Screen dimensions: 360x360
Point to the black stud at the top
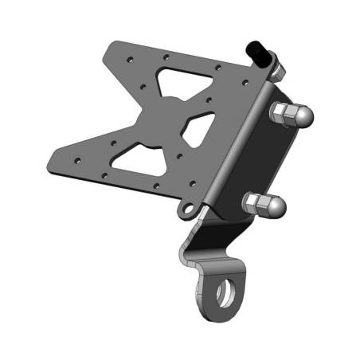point(259,53)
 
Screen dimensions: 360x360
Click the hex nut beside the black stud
point(274,66)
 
